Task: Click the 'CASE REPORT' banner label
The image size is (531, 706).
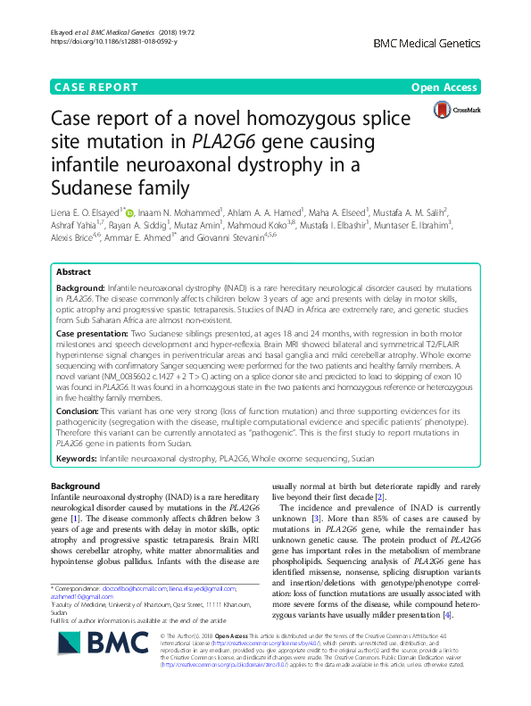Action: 96,87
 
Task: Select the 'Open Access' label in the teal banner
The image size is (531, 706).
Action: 444,87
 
